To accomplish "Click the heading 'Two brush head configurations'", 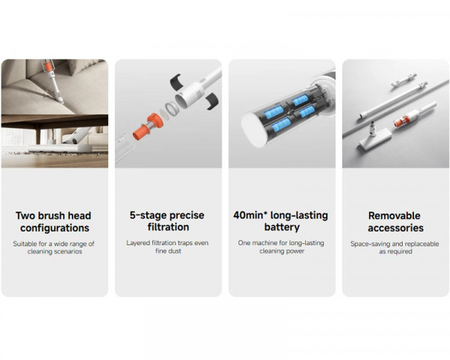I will [x=54, y=221].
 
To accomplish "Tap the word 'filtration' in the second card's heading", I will [x=168, y=227].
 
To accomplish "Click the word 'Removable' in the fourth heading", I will [x=395, y=215].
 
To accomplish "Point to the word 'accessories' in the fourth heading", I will [x=395, y=227].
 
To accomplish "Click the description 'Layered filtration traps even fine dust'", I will [x=168, y=247].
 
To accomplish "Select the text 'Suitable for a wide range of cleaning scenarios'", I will [x=54, y=247].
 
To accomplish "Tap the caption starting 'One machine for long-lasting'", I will [x=282, y=247].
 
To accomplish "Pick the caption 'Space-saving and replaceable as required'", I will [x=395, y=247].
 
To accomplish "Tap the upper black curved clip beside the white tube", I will [x=173, y=78].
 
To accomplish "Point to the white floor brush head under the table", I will [x=75, y=137].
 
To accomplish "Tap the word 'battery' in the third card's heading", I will [x=282, y=227].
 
